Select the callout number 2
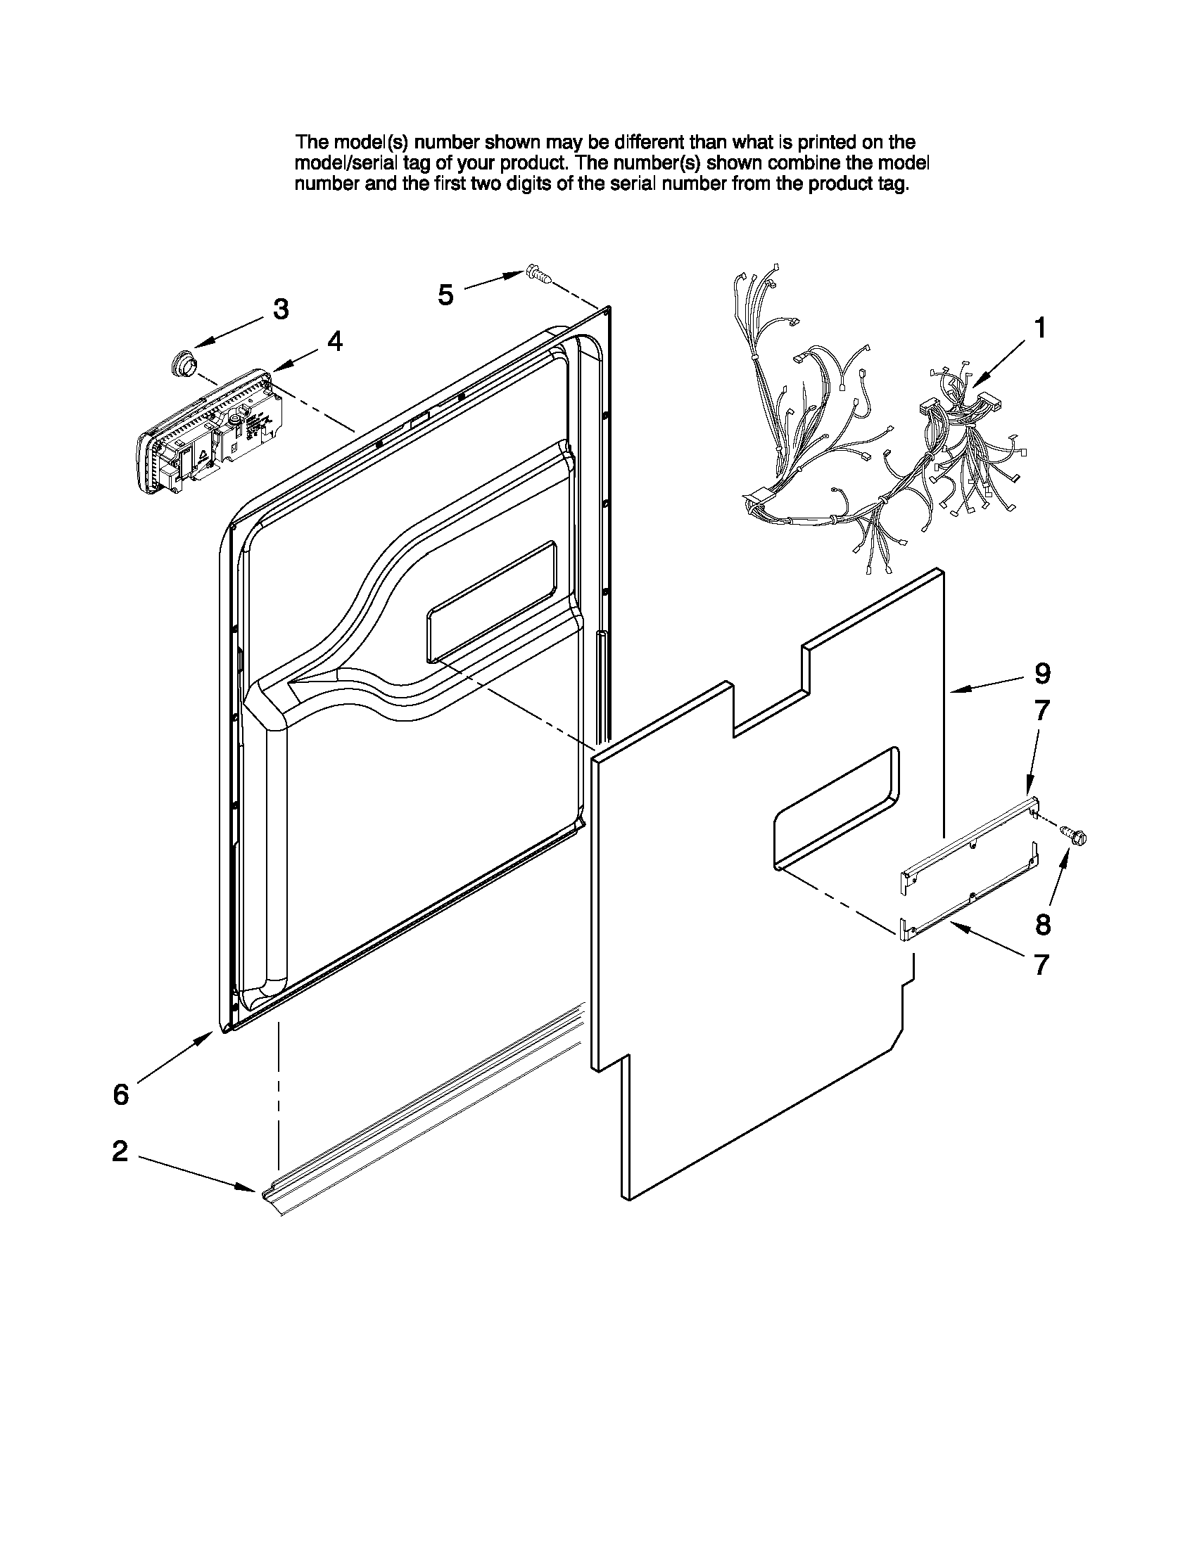point(120,1151)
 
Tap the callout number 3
point(281,309)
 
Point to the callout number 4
point(335,342)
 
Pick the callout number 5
point(445,294)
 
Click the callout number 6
point(121,1094)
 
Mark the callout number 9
point(1041,673)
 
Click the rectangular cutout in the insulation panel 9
point(837,808)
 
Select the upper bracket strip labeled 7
point(968,840)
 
